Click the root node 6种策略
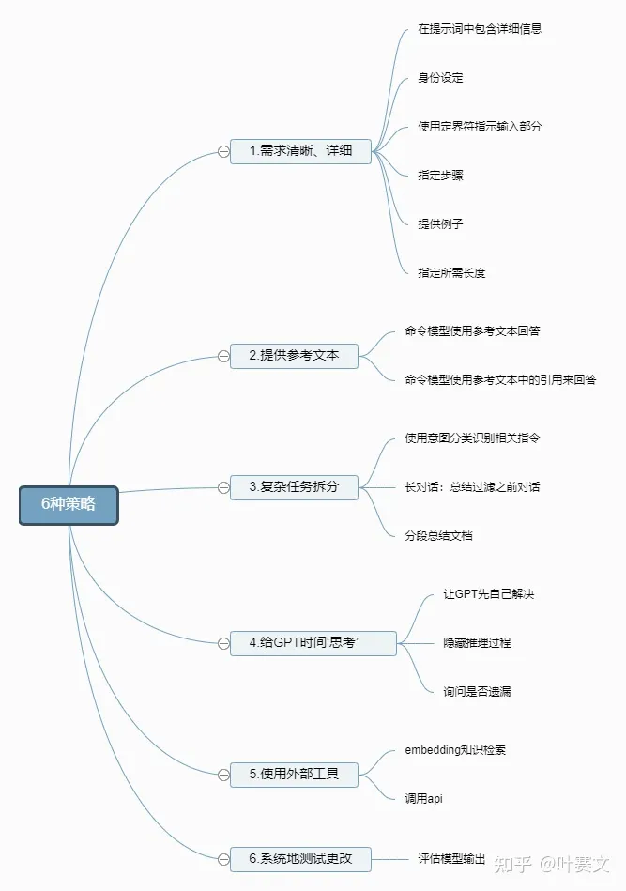(x=69, y=504)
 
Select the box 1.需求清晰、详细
(x=300, y=150)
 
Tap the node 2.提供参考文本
(x=294, y=356)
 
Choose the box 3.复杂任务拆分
(x=294, y=487)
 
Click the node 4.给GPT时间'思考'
(x=313, y=643)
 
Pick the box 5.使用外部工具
(x=294, y=775)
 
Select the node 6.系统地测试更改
(x=300, y=859)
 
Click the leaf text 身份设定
(x=440, y=78)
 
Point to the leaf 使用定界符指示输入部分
(x=480, y=127)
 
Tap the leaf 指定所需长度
(x=451, y=273)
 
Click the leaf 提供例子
(x=440, y=224)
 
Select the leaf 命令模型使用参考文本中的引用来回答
(x=500, y=380)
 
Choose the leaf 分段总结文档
(x=438, y=535)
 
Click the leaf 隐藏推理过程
(x=477, y=643)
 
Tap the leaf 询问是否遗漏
(x=477, y=692)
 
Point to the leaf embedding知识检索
(x=456, y=750)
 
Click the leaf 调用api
(x=423, y=799)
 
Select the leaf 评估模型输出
(x=451, y=859)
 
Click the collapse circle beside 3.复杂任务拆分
(x=222, y=487)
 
